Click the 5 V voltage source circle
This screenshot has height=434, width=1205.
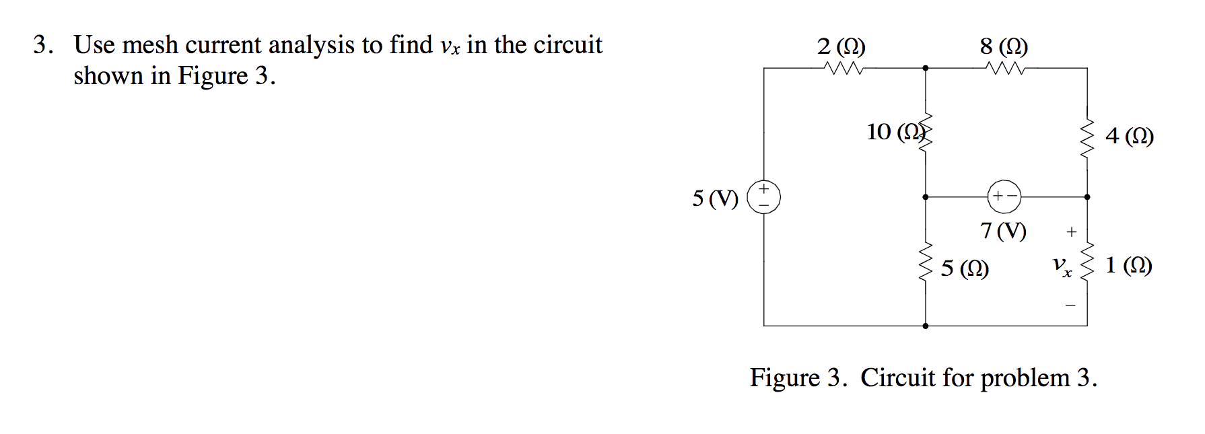coord(764,197)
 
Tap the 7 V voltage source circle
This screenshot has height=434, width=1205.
coord(1004,196)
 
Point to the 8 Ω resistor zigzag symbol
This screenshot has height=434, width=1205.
coord(1004,68)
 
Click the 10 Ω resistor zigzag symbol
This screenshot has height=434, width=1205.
coord(926,133)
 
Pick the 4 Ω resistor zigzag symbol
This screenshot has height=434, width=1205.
coord(1087,138)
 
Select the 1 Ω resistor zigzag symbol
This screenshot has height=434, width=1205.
coord(1087,262)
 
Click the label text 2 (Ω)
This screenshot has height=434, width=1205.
coord(841,46)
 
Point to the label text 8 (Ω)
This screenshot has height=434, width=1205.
coord(1004,46)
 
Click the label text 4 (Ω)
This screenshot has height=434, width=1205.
coord(1130,137)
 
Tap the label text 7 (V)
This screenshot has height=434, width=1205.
coord(1003,231)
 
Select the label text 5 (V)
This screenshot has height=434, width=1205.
coord(715,198)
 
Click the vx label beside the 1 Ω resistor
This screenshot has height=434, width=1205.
coord(1062,266)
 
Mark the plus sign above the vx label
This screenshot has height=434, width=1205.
coord(1072,232)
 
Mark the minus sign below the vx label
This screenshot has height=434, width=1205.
coord(1071,305)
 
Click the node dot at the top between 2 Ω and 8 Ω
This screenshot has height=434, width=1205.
coord(926,68)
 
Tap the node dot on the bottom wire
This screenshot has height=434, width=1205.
coord(926,326)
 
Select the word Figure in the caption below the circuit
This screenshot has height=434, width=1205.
coord(785,378)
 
